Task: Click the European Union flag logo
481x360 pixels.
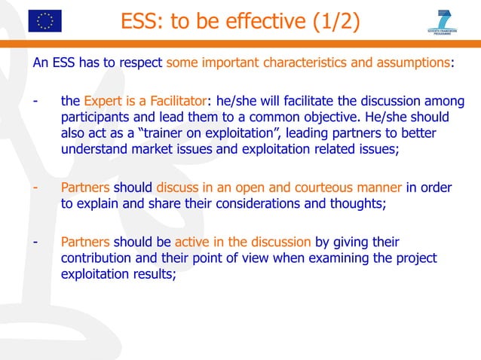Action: [x=44, y=20]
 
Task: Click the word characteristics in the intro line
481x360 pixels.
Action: [x=305, y=63]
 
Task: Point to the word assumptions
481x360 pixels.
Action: [x=411, y=63]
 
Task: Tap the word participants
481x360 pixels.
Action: [x=95, y=118]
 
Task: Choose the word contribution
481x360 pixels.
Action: [x=95, y=258]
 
